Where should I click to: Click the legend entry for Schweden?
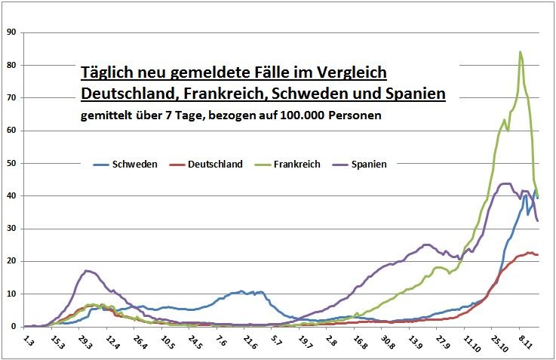point(134,164)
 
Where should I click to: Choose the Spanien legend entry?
point(370,164)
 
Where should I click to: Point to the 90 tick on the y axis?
point(11,32)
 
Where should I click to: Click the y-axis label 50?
point(11,163)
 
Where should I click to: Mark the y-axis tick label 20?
point(11,261)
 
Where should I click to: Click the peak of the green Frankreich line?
point(521,52)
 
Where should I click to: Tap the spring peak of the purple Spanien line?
point(88,270)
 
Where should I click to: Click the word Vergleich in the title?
point(350,73)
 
